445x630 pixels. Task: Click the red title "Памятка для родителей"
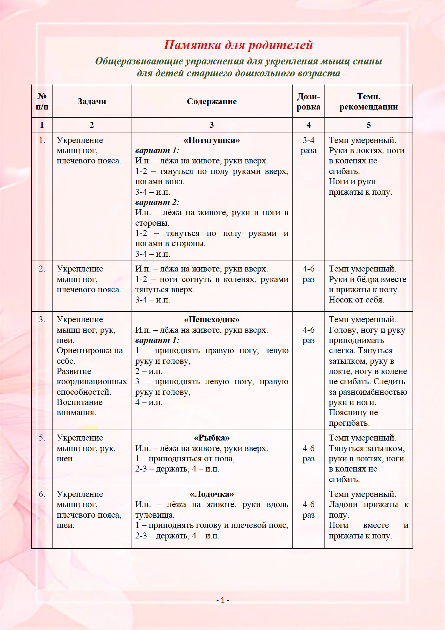tap(238, 45)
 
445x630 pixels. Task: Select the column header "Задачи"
tap(92, 101)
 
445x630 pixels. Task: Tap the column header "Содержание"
tap(211, 101)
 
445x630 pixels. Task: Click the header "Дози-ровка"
tap(308, 101)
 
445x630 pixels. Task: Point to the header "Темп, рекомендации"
tap(369, 101)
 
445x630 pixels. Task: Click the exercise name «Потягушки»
tap(211, 140)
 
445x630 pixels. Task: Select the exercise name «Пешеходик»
tap(211, 319)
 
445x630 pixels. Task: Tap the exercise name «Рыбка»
tap(211, 438)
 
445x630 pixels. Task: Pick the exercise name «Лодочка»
tap(211, 494)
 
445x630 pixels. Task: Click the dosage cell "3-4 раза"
tap(308, 145)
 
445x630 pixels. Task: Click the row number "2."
tap(42, 269)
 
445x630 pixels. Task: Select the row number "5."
tap(42, 438)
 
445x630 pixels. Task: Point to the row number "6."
tap(42, 494)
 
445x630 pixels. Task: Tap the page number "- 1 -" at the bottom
tap(223, 600)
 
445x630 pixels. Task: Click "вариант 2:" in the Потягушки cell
tap(157, 202)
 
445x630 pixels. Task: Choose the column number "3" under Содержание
tap(211, 125)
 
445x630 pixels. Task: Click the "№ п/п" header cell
tap(42, 101)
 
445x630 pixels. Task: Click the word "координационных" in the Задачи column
tap(92, 382)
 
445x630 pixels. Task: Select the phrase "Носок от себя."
tap(356, 300)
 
